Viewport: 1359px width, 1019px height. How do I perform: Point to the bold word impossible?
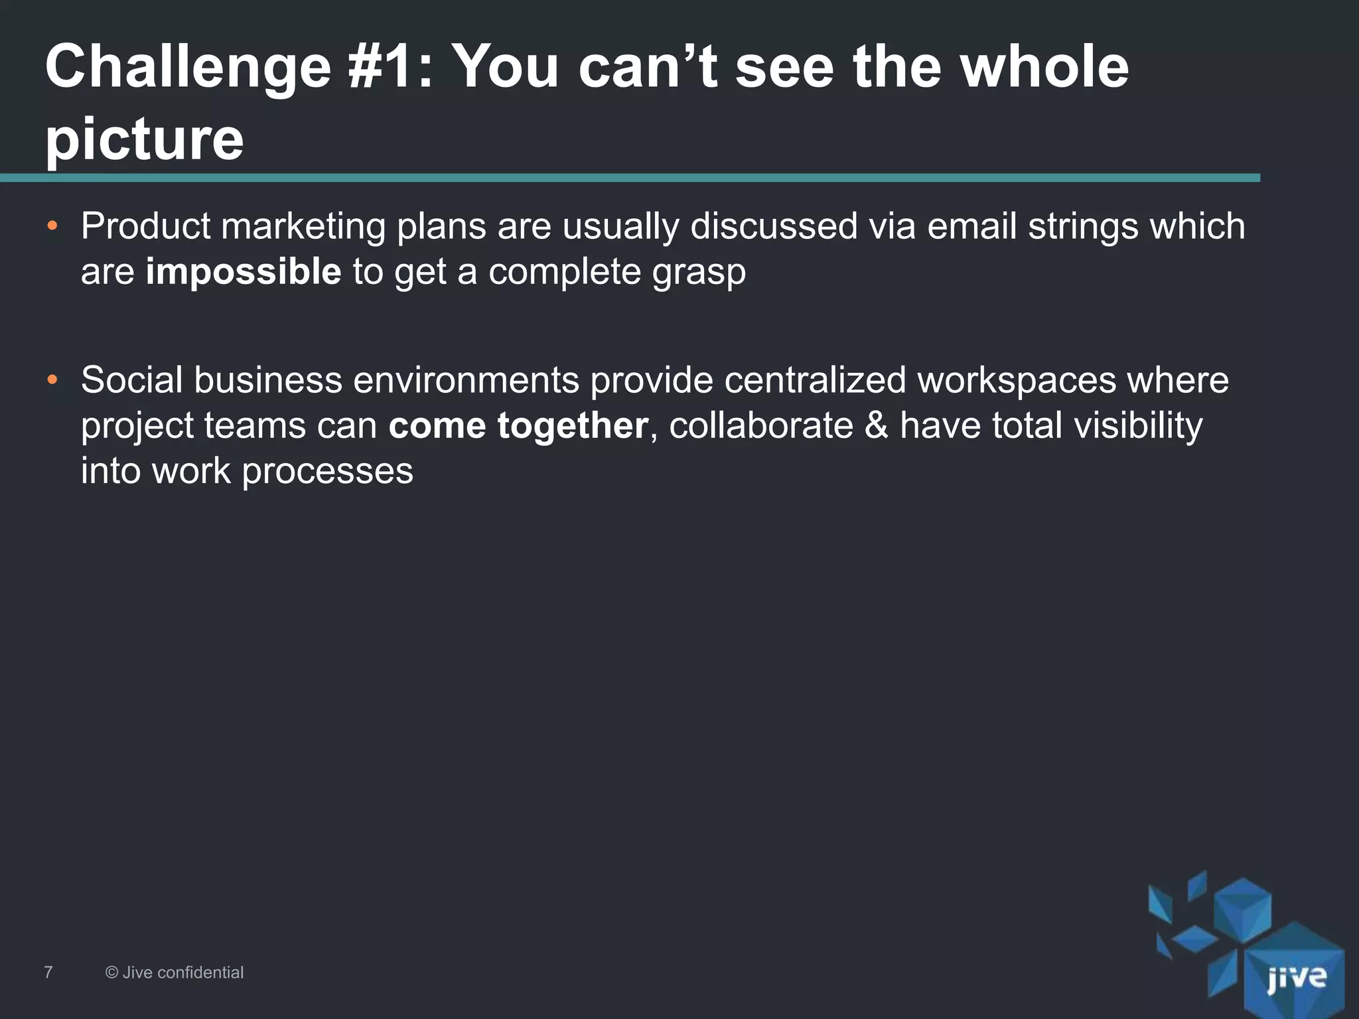click(243, 272)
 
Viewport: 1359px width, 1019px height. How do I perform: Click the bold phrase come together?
click(518, 425)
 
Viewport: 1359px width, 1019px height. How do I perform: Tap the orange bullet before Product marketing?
click(52, 228)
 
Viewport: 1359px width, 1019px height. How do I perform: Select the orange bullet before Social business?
click(52, 381)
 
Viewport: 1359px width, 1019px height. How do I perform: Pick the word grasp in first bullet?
click(698, 273)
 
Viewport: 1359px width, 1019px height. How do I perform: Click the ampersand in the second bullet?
click(876, 425)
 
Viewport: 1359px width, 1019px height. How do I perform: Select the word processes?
click(327, 472)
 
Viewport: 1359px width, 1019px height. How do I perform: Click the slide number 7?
click(48, 973)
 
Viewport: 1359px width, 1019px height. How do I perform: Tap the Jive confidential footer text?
click(175, 973)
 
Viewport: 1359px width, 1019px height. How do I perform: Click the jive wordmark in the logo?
click(1296, 978)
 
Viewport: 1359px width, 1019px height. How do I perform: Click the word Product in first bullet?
click(145, 226)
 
